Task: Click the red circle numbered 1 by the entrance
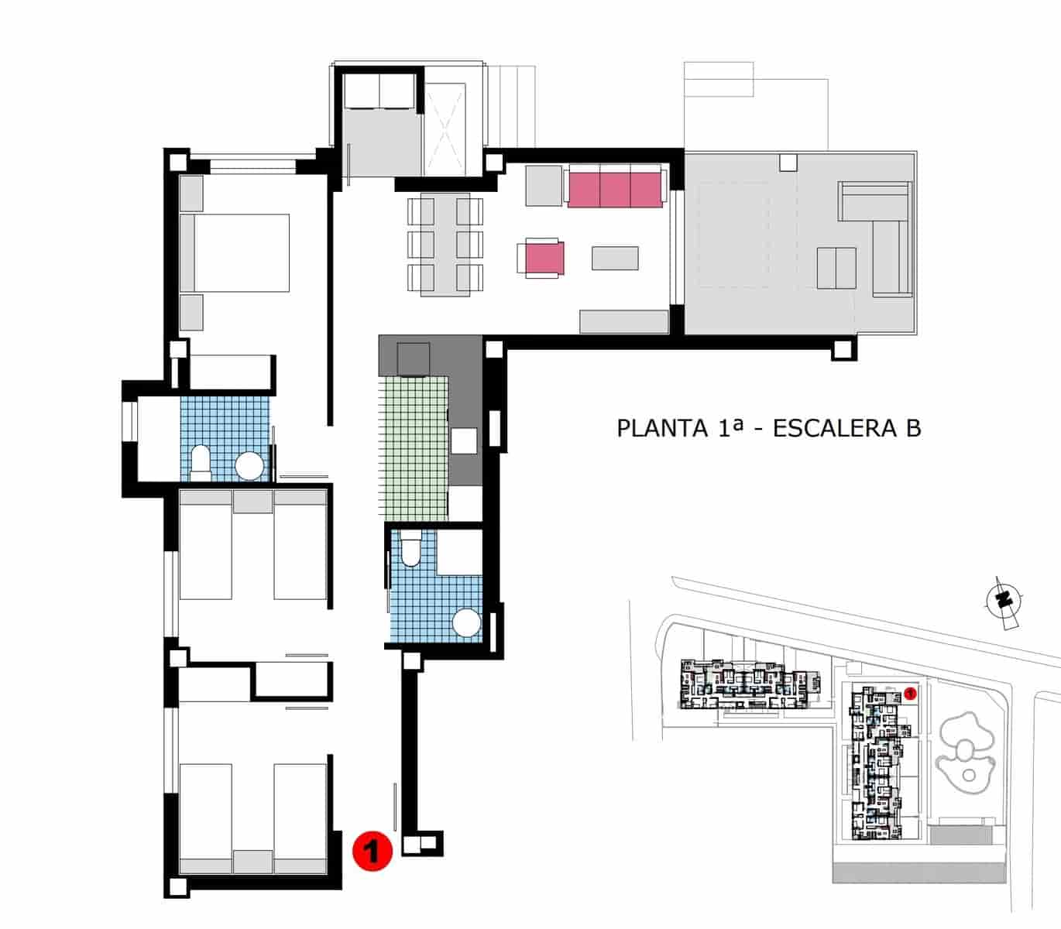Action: point(373,851)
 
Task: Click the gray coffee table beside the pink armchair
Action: point(615,258)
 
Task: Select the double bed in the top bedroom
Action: point(235,252)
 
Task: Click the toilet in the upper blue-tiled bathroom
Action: point(200,459)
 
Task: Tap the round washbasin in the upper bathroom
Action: point(250,466)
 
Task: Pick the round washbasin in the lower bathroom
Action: point(467,624)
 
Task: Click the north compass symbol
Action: point(1004,599)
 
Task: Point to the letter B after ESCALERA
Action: point(913,428)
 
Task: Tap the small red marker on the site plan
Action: point(911,694)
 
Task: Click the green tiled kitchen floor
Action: point(414,449)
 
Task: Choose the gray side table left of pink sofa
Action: point(544,186)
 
